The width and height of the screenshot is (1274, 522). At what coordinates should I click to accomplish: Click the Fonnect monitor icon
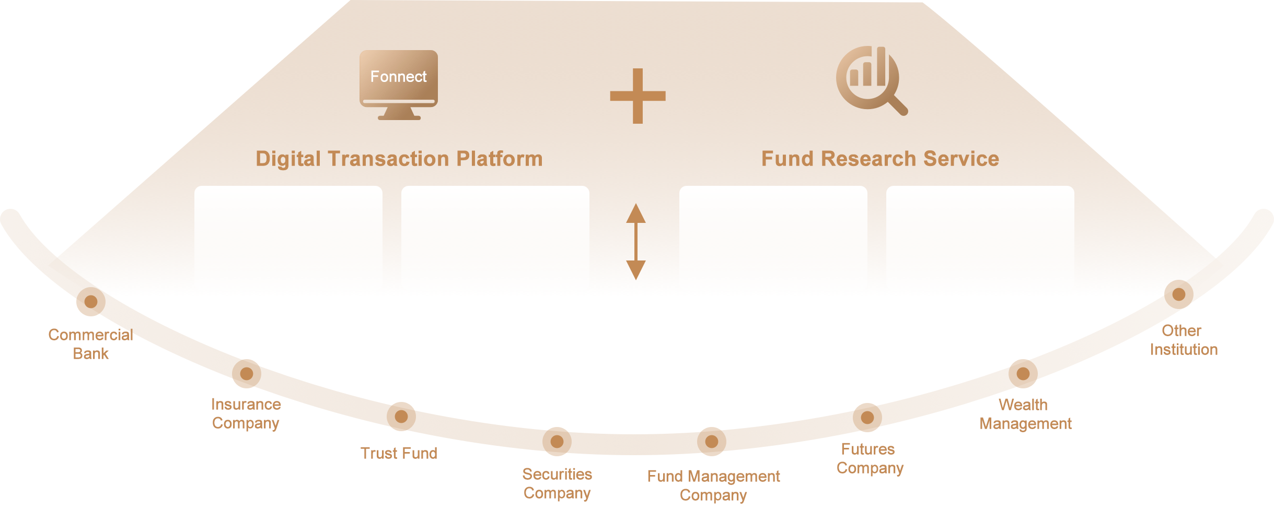pos(399,85)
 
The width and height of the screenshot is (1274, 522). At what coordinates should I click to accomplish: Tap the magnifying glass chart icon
pos(871,80)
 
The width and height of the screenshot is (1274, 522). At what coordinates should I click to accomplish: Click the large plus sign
pos(638,96)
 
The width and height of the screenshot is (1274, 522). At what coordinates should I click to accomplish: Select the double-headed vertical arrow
pos(636,242)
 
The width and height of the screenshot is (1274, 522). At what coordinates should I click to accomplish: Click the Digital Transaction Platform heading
pos(399,159)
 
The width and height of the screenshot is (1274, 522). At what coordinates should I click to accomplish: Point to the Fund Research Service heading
pos(880,159)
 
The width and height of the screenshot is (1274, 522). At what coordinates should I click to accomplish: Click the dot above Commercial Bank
pos(91,302)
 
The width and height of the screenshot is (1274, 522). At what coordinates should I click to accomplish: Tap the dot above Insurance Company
pos(247,374)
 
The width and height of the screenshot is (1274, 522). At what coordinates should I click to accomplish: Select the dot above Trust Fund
pos(401,417)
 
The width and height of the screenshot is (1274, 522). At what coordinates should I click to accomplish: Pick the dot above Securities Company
pos(557,442)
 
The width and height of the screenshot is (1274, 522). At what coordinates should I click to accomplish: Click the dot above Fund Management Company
pos(712,442)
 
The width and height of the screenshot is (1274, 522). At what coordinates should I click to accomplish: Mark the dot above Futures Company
pos(867,418)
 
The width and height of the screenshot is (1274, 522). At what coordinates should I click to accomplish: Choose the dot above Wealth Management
pos(1023,374)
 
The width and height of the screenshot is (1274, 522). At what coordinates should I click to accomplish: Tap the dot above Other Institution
pos(1179,294)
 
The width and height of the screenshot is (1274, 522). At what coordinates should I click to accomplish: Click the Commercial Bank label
pos(91,344)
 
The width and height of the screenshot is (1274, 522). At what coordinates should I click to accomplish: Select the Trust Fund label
pos(399,453)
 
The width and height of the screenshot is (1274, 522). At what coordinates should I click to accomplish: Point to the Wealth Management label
pos(1025,414)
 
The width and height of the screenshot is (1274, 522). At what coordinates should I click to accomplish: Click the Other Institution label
pos(1184,340)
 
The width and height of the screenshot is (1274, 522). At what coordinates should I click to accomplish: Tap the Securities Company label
pos(557,484)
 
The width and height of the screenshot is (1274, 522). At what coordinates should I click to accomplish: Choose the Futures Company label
pos(870,459)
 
